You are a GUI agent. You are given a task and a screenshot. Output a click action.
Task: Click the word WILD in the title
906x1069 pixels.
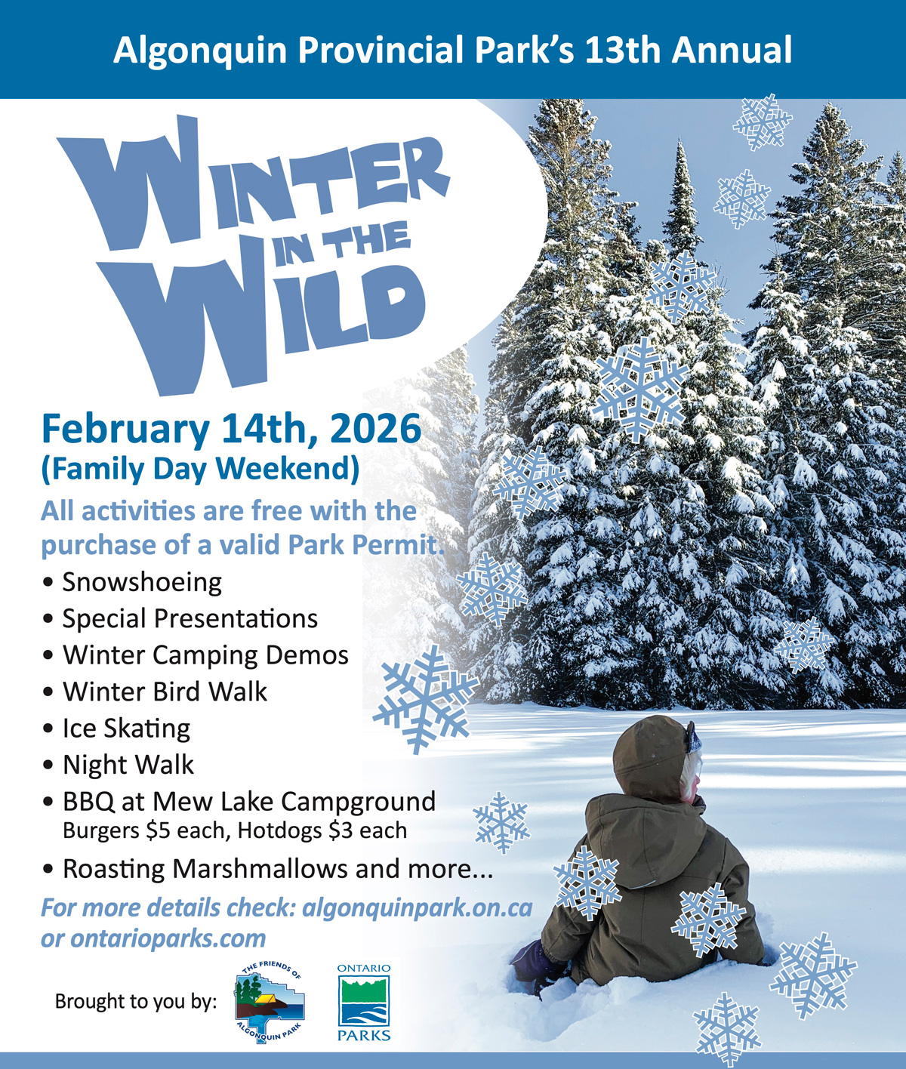269,321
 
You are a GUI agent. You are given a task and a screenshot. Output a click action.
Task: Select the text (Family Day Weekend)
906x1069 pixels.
200,470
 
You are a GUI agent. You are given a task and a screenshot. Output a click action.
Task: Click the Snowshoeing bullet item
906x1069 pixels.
142,583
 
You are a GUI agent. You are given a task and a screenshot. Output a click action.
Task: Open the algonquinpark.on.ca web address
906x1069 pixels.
417,908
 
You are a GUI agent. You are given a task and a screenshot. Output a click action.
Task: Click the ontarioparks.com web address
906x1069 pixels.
168,938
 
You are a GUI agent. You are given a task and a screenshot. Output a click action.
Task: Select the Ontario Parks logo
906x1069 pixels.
364,1002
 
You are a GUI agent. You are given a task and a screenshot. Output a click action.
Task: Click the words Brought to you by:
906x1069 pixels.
136,1002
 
